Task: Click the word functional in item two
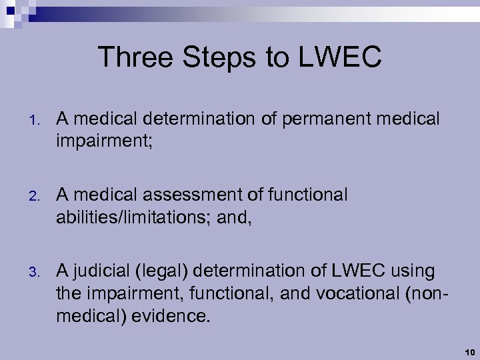[307, 195]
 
